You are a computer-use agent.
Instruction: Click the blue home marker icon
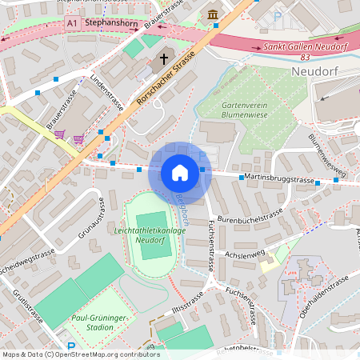point(179,173)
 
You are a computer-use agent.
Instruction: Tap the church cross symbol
point(163,58)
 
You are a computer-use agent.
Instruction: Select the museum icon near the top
point(212,14)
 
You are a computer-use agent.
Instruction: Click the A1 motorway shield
point(73,25)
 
